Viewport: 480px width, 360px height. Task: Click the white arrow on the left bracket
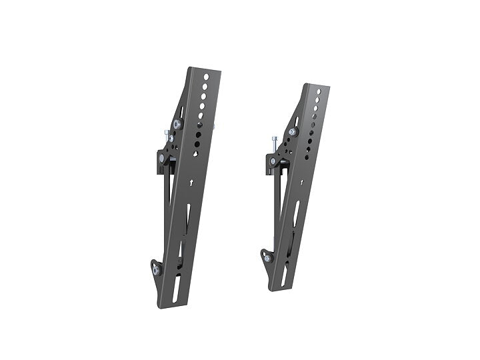(x=191, y=181)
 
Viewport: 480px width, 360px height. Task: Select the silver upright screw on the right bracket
(x=273, y=143)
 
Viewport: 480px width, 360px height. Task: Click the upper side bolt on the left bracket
(x=177, y=124)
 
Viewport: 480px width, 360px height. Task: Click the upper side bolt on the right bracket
(x=292, y=132)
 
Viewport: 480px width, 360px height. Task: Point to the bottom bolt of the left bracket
(x=155, y=271)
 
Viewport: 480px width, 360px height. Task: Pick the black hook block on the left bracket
(x=162, y=158)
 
